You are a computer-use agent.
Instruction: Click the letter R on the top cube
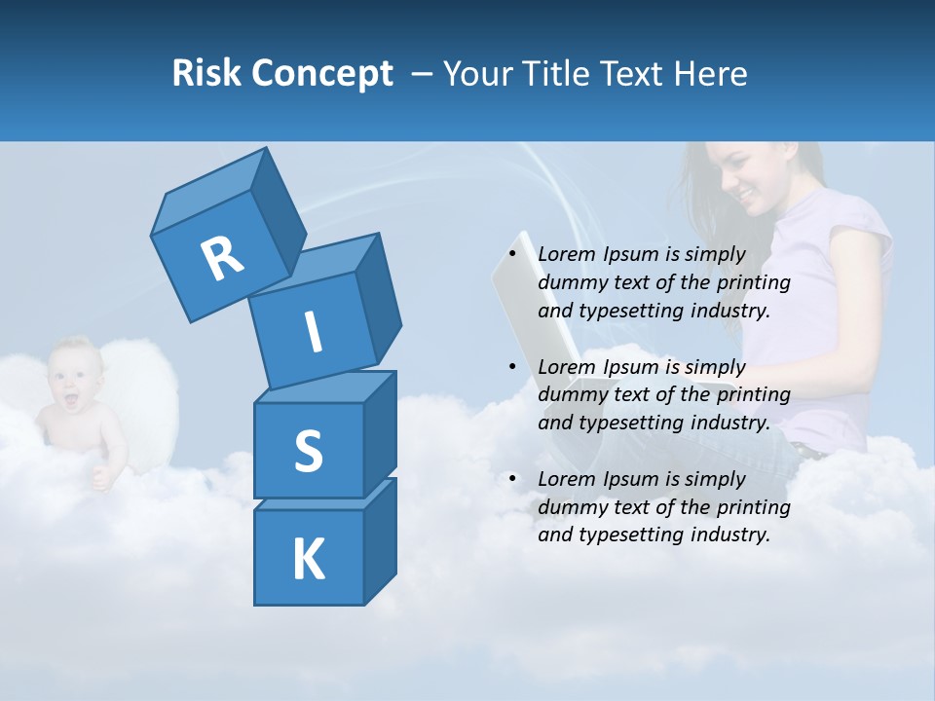(223, 258)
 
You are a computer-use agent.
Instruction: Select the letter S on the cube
(309, 451)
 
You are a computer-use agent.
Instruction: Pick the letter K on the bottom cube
(309, 560)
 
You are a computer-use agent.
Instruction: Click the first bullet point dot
(512, 254)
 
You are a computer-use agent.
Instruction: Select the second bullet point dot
(512, 367)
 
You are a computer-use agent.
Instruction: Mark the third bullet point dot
(512, 479)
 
